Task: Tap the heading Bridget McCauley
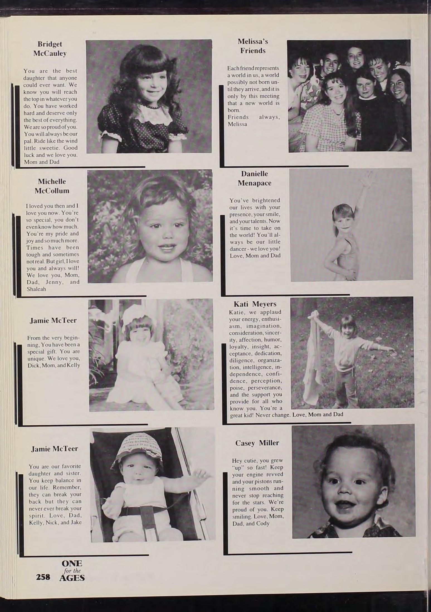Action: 50,49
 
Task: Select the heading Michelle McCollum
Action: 52,186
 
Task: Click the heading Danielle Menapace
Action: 254,178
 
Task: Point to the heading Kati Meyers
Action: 255,304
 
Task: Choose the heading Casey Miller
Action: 257,443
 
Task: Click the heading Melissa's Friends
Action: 253,46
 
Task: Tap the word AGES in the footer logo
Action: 72,578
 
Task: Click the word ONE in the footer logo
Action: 72,563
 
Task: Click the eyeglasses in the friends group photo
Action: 397,84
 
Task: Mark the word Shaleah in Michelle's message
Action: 36,289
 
